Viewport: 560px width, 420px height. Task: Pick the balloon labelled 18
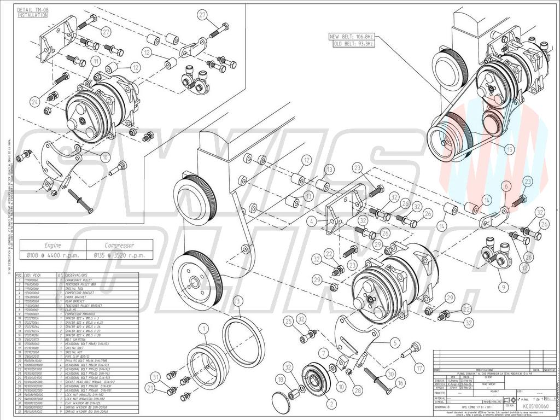tap(281, 379)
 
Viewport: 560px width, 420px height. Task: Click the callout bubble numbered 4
tap(311, 222)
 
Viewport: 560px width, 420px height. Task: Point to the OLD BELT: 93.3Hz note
tap(351, 43)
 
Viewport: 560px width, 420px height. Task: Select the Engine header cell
tap(53, 246)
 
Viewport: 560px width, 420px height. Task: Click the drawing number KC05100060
tap(536, 407)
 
